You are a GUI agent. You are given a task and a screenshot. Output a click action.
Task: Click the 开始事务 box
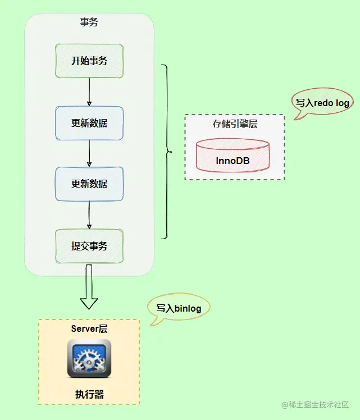[x=89, y=61]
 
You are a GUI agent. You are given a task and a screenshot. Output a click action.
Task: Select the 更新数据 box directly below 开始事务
[x=89, y=123]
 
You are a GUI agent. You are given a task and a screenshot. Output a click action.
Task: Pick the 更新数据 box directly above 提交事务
[x=89, y=184]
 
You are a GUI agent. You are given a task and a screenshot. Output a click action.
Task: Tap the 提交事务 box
[x=89, y=246]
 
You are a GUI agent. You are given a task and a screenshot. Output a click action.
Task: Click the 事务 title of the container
[x=89, y=22]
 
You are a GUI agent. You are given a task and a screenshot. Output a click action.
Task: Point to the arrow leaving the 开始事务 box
[x=89, y=92]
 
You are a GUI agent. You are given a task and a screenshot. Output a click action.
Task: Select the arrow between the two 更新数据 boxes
[x=89, y=153]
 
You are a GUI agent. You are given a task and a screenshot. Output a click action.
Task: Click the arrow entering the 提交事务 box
[x=89, y=215]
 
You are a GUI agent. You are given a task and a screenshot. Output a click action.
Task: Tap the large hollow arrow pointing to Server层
[x=89, y=289]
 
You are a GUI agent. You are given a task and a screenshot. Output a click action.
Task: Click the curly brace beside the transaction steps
[x=166, y=152]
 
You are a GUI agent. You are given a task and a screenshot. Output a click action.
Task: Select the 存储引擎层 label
[x=234, y=124]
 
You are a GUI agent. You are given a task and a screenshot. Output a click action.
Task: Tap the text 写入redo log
[x=323, y=103]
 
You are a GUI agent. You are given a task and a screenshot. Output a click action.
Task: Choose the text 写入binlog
[x=179, y=308]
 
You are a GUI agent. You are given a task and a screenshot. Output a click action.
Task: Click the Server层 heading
[x=89, y=328]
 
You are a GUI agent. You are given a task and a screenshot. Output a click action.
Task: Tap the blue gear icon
[x=89, y=358]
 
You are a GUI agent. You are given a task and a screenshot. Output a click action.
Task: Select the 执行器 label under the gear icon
[x=89, y=394]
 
